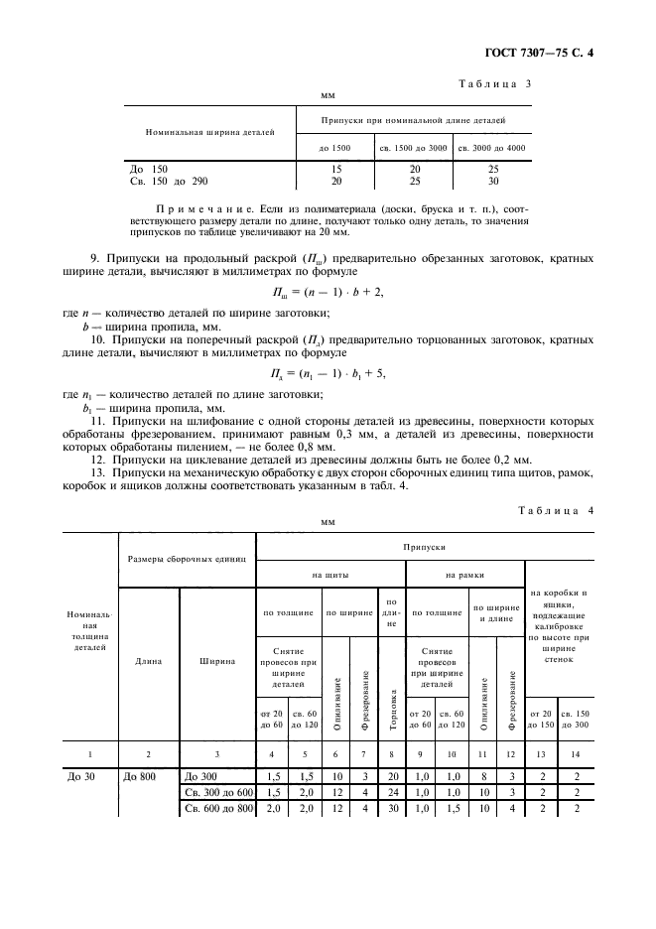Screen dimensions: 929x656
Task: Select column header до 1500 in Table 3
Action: [x=335, y=148]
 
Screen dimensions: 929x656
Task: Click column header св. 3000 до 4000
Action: [x=492, y=148]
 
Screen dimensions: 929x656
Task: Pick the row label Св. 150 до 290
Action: [x=170, y=182]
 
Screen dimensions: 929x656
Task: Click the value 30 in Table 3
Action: [x=493, y=182]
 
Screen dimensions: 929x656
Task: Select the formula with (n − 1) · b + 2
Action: [x=327, y=294]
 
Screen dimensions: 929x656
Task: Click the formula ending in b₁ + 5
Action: [x=328, y=373]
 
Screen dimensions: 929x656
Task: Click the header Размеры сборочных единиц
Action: [x=187, y=560]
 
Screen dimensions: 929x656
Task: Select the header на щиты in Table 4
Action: [x=330, y=575]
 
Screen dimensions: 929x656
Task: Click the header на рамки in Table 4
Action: [x=463, y=575]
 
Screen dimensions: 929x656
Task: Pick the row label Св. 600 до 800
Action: [x=217, y=810]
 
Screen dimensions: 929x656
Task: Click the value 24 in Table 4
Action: [x=392, y=792]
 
